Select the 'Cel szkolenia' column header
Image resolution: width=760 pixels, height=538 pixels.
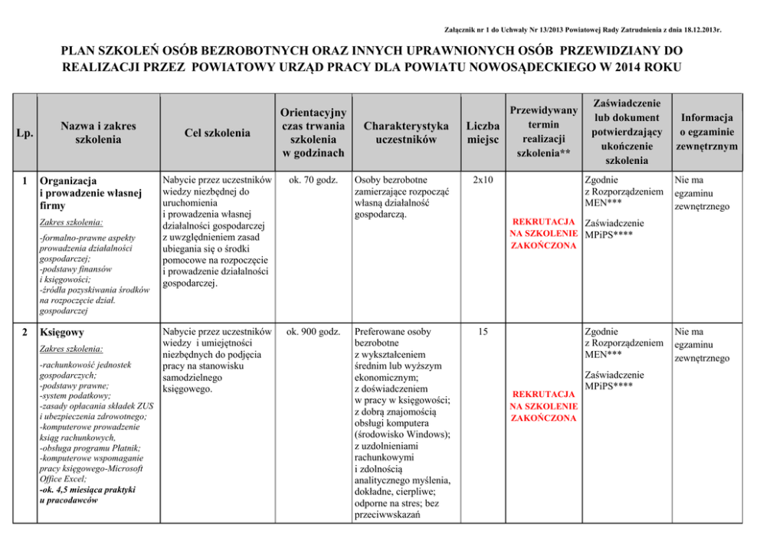coord(217,133)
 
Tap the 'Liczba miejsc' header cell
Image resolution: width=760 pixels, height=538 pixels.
coord(483,133)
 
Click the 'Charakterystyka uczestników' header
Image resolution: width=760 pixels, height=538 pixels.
coord(406,133)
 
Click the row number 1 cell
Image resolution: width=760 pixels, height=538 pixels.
coord(25,181)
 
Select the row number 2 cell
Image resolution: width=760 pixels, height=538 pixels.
coord(25,333)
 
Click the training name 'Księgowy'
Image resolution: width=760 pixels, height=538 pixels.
coord(62,333)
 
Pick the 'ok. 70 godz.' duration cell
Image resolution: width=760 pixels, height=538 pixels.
coord(310,181)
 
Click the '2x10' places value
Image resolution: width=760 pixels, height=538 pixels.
coord(483,181)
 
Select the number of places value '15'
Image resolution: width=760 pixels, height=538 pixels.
coord(483,332)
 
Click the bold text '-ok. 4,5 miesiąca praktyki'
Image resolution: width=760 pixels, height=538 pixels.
coord(87,489)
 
